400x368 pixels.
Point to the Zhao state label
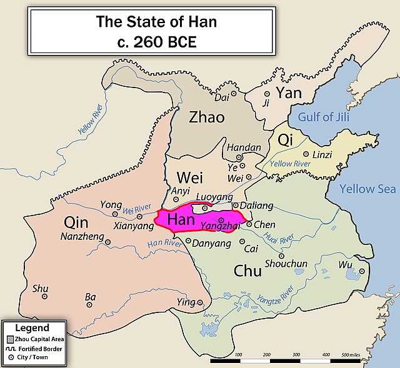point(206,117)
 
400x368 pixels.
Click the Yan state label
point(289,93)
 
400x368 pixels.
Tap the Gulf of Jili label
point(323,117)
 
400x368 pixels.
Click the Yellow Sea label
point(367,189)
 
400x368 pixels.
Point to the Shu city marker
point(44,297)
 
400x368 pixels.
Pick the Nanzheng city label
point(81,237)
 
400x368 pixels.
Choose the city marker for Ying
point(200,302)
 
